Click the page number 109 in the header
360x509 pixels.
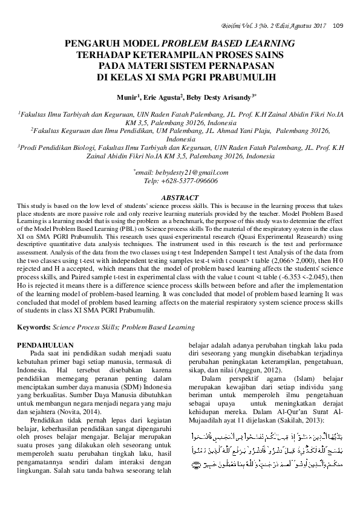[338, 26]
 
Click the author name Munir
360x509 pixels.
[128, 97]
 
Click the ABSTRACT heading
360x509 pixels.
[180, 198]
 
